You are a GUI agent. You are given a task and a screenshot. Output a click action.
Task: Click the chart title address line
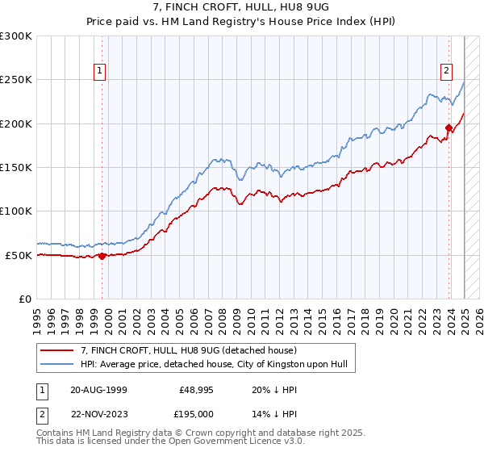(241, 7)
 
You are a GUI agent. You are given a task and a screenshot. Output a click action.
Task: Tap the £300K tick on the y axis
(16, 36)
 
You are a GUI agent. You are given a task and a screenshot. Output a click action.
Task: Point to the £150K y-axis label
(16, 168)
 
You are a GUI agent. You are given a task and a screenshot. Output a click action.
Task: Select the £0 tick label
(23, 299)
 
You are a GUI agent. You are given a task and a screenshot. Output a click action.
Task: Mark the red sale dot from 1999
(102, 256)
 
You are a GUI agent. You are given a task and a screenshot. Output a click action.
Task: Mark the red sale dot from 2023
(449, 128)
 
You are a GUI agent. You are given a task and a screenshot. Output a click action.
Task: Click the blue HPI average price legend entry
(213, 365)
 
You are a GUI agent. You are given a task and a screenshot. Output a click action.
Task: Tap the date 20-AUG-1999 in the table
(98, 389)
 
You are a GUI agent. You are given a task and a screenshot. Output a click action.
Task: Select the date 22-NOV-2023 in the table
(98, 413)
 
